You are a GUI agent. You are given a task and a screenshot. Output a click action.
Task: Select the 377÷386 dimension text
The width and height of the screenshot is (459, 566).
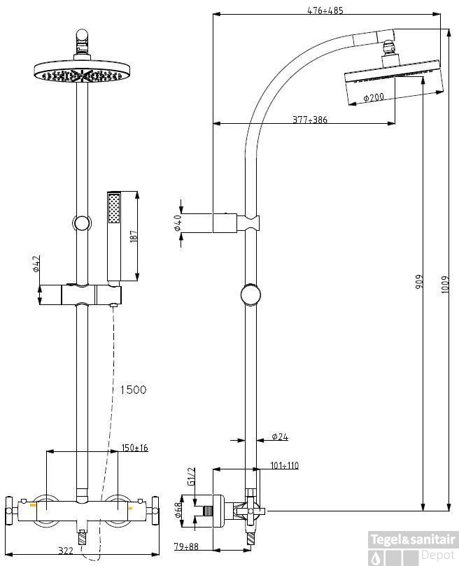pos(309,120)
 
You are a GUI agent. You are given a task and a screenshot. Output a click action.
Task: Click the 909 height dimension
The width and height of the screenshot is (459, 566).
pos(419,281)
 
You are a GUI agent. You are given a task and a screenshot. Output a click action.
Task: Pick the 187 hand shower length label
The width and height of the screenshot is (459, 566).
pos(134,236)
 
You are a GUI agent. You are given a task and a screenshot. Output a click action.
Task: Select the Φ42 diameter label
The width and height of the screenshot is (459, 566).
pos(36,264)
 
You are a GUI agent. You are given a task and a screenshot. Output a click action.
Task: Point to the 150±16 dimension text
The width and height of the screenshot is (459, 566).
pos(134,448)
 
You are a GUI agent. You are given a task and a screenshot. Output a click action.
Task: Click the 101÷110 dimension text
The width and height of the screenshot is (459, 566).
pos(284,465)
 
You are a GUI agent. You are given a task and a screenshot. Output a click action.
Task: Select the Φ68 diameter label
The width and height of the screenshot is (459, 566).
pos(178,511)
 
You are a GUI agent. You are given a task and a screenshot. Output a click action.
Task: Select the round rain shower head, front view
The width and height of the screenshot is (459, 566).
pos(83,72)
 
